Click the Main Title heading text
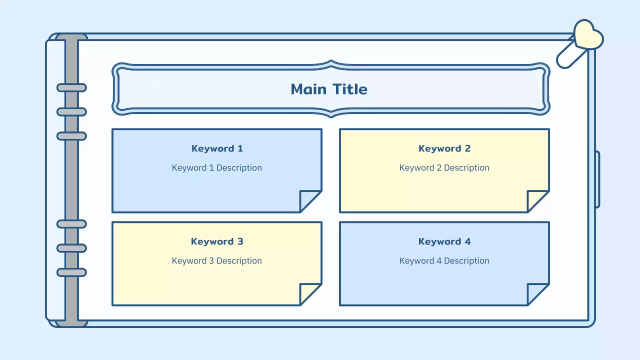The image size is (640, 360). (x=329, y=89)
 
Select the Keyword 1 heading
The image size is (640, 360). (x=217, y=148)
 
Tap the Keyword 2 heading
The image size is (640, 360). (x=444, y=148)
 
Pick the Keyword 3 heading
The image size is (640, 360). (x=217, y=241)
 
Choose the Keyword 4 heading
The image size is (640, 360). (x=444, y=241)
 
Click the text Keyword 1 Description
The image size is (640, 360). (x=217, y=168)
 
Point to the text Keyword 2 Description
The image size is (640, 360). (x=444, y=168)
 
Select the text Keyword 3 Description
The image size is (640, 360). (x=217, y=261)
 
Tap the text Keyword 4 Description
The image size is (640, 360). (x=444, y=261)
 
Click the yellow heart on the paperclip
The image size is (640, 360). (x=587, y=35)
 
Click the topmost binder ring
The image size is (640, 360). (x=71, y=88)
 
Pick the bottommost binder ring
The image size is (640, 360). (x=71, y=272)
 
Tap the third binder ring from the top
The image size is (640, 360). (x=71, y=136)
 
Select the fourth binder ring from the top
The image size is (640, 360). (x=71, y=224)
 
